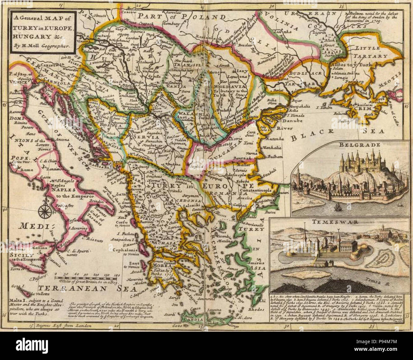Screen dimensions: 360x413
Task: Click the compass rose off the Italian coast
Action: click(x=44, y=210)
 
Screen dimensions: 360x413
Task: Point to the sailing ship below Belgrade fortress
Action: click(x=337, y=208)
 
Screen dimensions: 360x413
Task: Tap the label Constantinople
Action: click(x=256, y=190)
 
